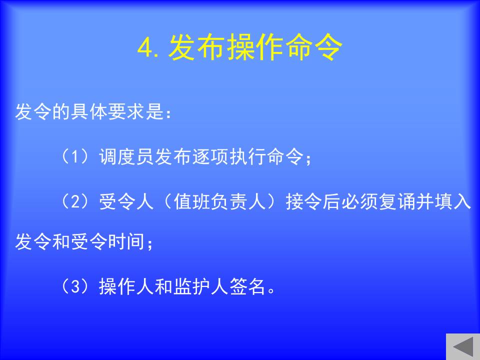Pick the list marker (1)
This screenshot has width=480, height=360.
[x=75, y=156]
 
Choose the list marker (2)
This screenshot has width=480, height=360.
[x=75, y=201]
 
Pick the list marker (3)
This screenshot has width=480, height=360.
[x=75, y=286]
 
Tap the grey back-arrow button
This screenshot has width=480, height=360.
[x=463, y=346]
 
